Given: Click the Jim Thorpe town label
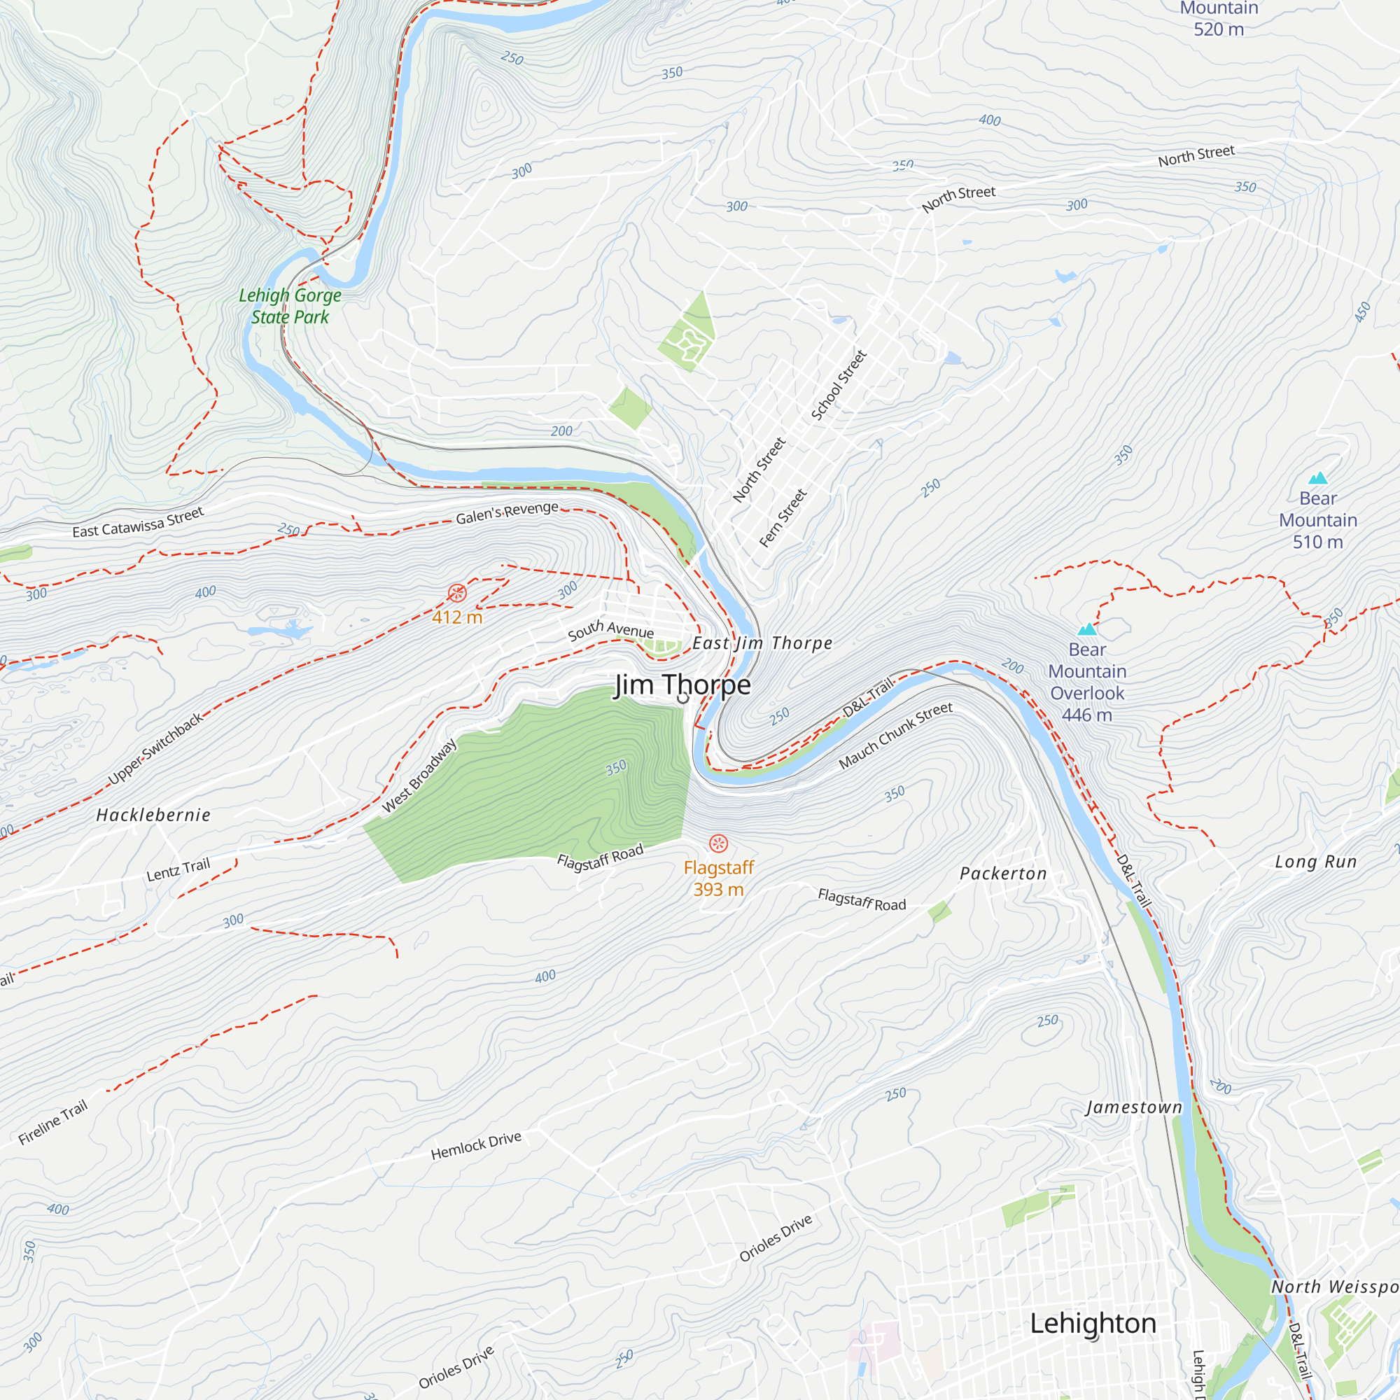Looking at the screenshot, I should tap(682, 685).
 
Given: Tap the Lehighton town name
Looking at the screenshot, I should tap(1093, 1323).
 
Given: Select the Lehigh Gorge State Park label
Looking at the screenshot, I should tap(290, 306).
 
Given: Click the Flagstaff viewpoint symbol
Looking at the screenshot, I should tap(718, 843).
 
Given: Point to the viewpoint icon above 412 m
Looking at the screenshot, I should tap(457, 594).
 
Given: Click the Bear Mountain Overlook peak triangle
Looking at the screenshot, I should tap(1087, 629).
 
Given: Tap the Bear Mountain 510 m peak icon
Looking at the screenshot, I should tap(1317, 478).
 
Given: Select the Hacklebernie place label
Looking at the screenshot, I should tap(153, 815).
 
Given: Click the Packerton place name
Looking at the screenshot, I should tap(1004, 874).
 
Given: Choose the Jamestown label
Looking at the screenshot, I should tap(1134, 1107).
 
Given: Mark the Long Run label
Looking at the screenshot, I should tap(1316, 862).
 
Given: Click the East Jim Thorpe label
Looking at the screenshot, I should tap(762, 643).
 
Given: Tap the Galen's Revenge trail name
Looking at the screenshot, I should tap(507, 512).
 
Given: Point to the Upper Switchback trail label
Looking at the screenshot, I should tap(156, 748).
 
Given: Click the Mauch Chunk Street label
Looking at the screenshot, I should tap(896, 736).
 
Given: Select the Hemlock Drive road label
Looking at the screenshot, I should tap(476, 1146).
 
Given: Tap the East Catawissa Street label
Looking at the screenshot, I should tap(139, 522).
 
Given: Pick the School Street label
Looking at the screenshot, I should tap(839, 385).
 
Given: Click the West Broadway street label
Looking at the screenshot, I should tap(419, 776).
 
